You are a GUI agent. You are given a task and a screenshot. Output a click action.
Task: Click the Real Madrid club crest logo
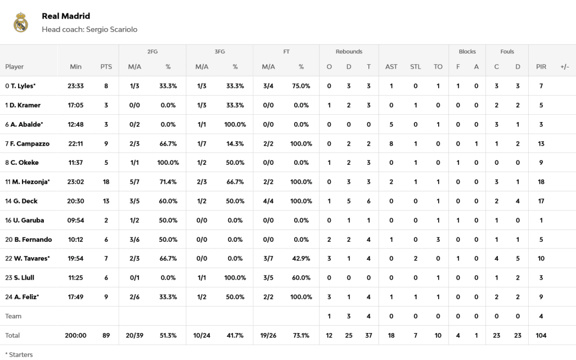pos(21,22)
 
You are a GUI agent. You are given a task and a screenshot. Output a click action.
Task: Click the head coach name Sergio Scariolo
pos(111,29)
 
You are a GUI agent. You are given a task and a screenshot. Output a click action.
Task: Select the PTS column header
pos(106,66)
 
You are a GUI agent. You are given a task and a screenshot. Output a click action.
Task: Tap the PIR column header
pos(541,66)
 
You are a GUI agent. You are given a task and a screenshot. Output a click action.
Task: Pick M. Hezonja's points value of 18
pos(106,182)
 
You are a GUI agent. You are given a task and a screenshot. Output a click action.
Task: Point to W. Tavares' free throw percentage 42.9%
pos(301,258)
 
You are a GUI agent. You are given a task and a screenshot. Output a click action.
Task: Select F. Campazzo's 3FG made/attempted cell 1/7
pos(201,143)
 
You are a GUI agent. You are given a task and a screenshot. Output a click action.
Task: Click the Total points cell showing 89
pos(106,335)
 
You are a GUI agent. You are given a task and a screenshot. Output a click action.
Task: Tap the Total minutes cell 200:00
pos(75,335)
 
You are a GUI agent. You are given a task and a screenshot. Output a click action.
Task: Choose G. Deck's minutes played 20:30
pos(75,201)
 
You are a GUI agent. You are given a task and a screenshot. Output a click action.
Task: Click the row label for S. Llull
pos(21,277)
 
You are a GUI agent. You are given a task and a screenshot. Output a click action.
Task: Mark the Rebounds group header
pos(349,52)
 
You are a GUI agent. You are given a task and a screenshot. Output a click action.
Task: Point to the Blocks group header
pos(467,52)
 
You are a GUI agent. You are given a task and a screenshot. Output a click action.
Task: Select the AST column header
pos(391,66)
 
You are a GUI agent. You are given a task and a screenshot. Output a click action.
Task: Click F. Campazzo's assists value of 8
pos(391,143)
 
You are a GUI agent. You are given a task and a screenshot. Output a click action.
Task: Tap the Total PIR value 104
pos(541,335)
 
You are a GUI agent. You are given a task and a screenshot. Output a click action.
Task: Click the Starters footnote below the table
pos(19,354)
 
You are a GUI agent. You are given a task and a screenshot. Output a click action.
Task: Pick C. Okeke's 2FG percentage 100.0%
pos(168,163)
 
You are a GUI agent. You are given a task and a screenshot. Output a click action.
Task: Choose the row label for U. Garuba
pos(24,220)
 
